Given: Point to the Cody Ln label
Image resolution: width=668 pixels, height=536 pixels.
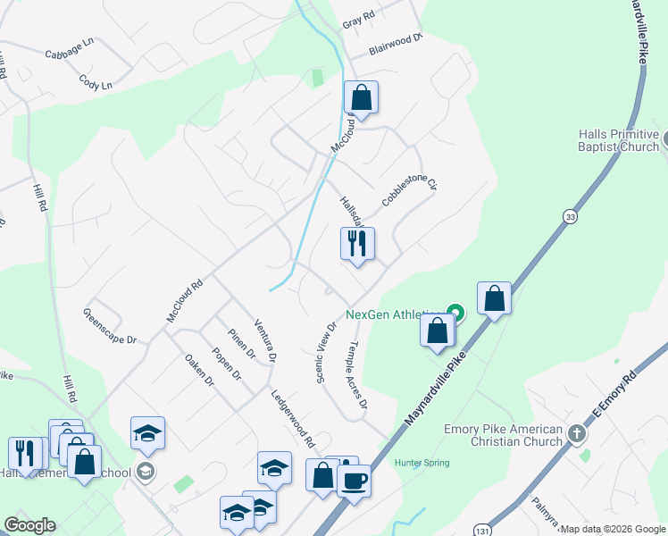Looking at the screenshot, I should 96,82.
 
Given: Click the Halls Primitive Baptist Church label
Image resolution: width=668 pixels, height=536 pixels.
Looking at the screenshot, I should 618,140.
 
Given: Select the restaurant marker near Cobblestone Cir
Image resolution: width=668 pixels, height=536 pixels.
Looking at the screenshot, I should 357,242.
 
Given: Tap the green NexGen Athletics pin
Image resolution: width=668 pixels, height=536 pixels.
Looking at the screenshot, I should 455,313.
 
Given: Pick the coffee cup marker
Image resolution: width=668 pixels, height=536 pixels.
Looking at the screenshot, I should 354,482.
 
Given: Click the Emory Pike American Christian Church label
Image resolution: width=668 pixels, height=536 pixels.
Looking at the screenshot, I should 504,435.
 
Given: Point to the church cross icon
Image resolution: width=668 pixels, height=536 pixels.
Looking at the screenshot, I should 577,435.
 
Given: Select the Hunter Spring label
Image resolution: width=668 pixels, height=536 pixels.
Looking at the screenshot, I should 422,463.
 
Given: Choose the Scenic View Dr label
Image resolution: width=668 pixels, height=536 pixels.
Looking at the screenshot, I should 325,353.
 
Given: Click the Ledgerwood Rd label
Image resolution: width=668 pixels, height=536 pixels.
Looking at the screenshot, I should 294,419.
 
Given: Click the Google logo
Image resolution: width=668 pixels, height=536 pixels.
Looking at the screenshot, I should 29,525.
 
